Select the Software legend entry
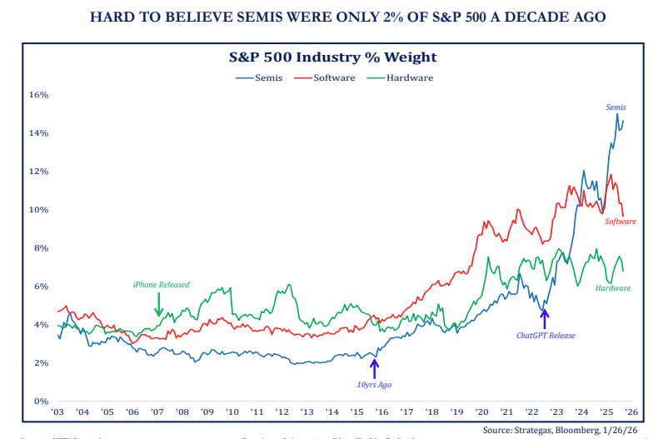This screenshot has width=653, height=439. pos(335,77)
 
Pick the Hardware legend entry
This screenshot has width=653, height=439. pos(410,77)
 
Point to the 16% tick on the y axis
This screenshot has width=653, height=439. pos(40,95)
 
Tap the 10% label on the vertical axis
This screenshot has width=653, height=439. pos(40,210)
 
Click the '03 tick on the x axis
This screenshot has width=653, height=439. pos(57,412)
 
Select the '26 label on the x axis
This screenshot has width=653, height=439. pos(631,412)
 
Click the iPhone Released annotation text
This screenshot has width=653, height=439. pos(161,285)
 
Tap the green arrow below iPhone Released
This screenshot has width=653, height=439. pos(158,310)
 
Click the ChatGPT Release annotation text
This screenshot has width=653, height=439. pos(546,336)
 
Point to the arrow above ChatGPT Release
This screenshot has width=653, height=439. pos(545,317)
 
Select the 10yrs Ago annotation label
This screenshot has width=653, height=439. pos(374,384)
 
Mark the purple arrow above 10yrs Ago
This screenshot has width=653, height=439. pos(374,367)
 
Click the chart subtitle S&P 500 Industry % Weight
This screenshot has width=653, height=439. pos(333,57)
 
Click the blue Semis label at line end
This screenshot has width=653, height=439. pos(616,107)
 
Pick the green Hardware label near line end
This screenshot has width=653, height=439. pos(613,288)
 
